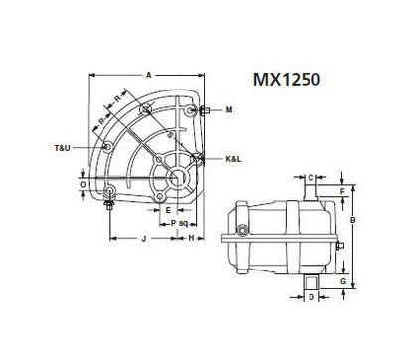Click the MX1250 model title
tap(287, 80)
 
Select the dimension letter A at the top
tap(149, 75)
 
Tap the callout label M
tap(229, 109)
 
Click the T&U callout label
tap(62, 148)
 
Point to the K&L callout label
tap(234, 159)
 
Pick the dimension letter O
tap(83, 184)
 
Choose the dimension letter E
tap(168, 210)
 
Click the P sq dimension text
tap(179, 223)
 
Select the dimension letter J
tap(144, 239)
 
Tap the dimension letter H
tap(191, 238)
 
